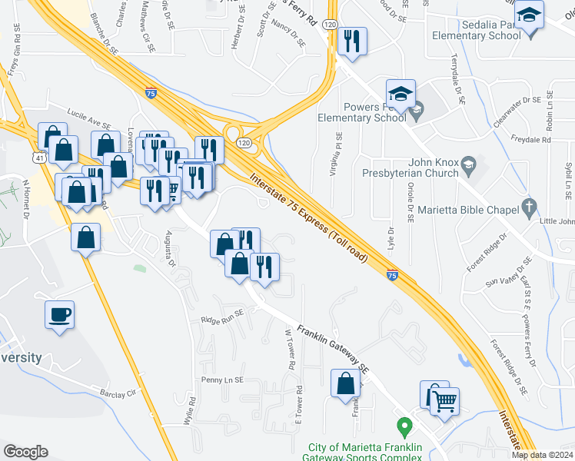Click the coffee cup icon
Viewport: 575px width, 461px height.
point(59,315)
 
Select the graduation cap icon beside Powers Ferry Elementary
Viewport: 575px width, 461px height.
point(401,95)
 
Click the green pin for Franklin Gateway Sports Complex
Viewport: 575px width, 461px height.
point(403,425)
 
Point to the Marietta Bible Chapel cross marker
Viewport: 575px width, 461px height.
point(527,206)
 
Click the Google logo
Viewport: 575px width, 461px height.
point(25,452)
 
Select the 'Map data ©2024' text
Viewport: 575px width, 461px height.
point(542,455)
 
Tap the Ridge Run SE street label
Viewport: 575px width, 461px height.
point(221,317)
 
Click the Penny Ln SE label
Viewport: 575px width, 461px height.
point(221,380)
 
